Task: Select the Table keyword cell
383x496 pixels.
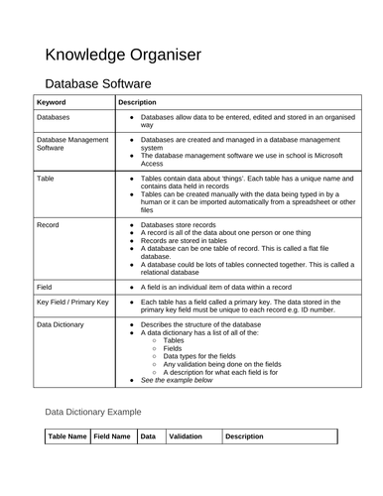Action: point(46,179)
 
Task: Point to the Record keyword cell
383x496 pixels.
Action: point(49,225)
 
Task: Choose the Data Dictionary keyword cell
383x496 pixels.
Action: point(63,324)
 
